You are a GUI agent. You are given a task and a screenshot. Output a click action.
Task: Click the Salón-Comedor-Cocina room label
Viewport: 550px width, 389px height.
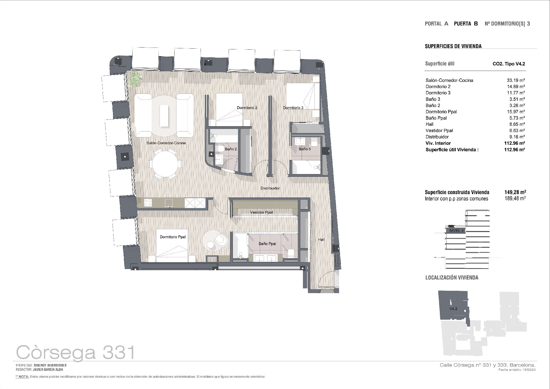click(166, 143)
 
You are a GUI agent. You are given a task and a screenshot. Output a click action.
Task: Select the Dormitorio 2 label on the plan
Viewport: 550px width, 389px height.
click(247, 108)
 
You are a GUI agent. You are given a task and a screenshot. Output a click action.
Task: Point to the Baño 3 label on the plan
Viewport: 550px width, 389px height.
click(304, 149)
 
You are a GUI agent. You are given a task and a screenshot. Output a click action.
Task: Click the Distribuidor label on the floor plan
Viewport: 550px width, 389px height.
click(270, 188)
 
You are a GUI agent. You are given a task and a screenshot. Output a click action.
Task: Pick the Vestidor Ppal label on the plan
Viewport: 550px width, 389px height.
click(261, 212)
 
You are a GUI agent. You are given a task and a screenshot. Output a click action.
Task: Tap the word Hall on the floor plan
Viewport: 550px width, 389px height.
click(321, 240)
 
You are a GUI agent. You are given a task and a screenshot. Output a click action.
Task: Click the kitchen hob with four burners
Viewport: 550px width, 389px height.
click(148, 203)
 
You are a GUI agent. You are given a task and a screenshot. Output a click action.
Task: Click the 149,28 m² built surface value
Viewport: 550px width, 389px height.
click(515, 192)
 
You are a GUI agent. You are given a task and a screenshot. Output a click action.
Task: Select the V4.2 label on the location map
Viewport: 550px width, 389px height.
click(453, 309)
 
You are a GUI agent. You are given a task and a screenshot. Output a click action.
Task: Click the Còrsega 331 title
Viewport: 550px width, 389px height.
click(76, 352)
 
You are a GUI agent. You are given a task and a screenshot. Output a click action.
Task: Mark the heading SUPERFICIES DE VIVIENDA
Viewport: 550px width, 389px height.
click(453, 46)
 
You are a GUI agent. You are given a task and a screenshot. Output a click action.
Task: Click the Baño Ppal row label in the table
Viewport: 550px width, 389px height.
click(436, 118)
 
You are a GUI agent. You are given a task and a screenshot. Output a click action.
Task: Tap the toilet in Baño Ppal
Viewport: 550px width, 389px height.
click(291, 253)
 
